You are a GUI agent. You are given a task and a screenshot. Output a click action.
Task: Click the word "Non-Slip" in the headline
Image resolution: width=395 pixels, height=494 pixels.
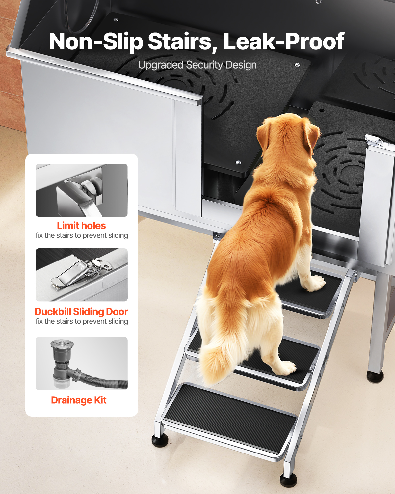click(x=96, y=41)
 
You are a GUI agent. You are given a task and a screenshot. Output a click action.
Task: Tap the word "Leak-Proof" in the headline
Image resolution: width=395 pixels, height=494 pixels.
click(x=284, y=41)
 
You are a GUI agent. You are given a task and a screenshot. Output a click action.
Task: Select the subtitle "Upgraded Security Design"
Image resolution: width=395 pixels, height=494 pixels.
click(x=197, y=65)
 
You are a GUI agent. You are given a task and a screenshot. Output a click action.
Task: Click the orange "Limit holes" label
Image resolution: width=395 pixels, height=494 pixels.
click(x=82, y=226)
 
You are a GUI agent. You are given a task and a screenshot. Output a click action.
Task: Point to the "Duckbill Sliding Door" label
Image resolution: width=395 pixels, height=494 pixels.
click(x=82, y=312)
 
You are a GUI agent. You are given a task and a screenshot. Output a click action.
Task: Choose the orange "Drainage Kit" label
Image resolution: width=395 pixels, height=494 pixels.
click(x=79, y=400)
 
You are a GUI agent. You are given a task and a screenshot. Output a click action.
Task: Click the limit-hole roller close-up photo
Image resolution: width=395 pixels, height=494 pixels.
click(x=82, y=190)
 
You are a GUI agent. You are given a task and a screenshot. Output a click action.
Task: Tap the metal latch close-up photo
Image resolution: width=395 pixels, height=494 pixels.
click(x=82, y=275)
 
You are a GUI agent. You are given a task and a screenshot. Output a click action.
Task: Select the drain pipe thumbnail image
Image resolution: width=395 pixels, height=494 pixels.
click(x=82, y=363)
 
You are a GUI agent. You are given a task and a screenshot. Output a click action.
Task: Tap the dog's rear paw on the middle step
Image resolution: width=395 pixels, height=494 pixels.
click(x=285, y=367)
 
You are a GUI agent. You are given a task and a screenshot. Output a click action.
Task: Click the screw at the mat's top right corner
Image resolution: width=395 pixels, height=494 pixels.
click(x=297, y=65)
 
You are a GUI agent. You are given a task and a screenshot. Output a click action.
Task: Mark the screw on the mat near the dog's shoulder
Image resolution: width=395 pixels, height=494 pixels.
click(x=238, y=162)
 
